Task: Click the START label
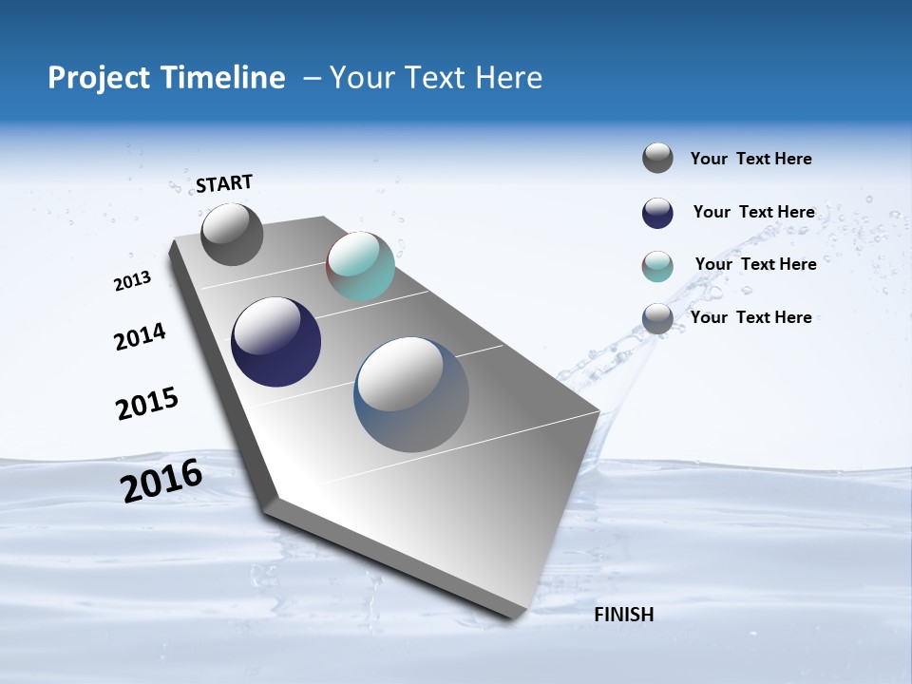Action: point(224,182)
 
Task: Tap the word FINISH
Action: point(623,615)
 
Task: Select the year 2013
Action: point(132,281)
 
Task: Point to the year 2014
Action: point(140,337)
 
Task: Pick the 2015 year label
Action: point(147,404)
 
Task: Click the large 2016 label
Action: point(161,481)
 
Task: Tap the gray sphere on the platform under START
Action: point(232,235)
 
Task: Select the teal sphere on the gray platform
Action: point(360,267)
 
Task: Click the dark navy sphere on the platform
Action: point(275,342)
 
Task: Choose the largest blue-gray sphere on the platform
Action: point(411,394)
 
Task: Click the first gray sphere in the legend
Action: point(657,158)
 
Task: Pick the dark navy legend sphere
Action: point(657,213)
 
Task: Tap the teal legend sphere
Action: point(657,266)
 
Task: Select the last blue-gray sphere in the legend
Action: point(657,319)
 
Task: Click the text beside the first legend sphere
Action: point(750,159)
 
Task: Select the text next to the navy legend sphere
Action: point(753,212)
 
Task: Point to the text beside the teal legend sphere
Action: point(755,264)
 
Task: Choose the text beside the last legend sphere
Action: point(750,317)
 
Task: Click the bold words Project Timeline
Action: point(166,78)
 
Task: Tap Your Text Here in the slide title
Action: point(435,78)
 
